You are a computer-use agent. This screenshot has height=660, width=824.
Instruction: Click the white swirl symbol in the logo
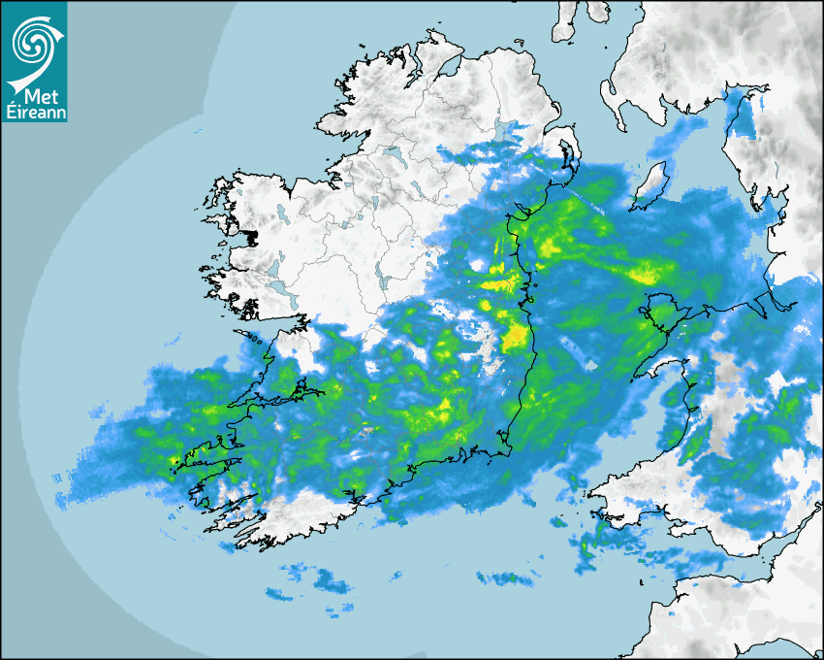click(x=33, y=41)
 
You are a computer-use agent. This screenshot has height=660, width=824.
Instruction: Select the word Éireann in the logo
click(x=34, y=113)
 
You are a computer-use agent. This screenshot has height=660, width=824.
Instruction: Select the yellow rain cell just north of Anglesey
click(x=643, y=275)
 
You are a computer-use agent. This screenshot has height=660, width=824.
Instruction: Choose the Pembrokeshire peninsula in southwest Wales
click(x=630, y=485)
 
